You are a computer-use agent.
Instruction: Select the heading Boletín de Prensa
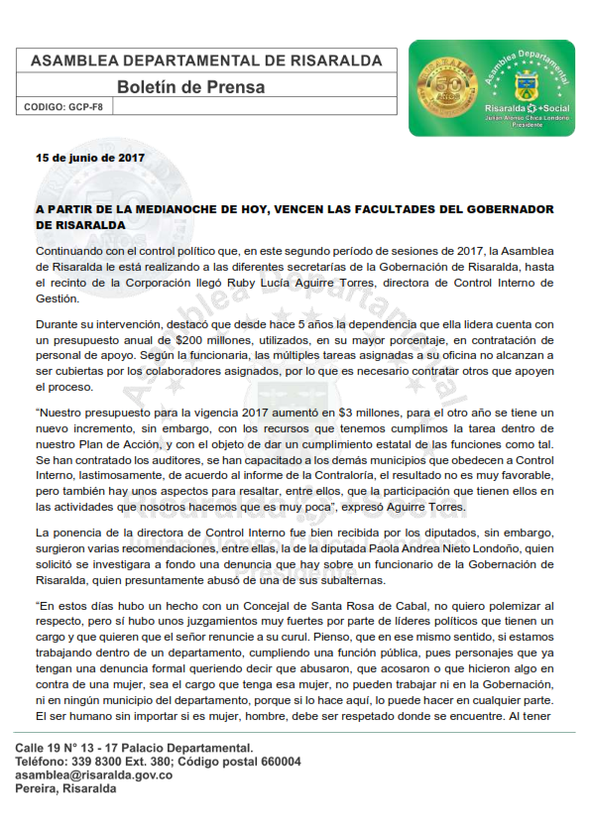pyautogui.click(x=178, y=86)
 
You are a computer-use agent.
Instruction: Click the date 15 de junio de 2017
pyautogui.click(x=90, y=158)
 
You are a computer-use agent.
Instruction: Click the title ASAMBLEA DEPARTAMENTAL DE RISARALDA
pyautogui.click(x=206, y=60)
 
